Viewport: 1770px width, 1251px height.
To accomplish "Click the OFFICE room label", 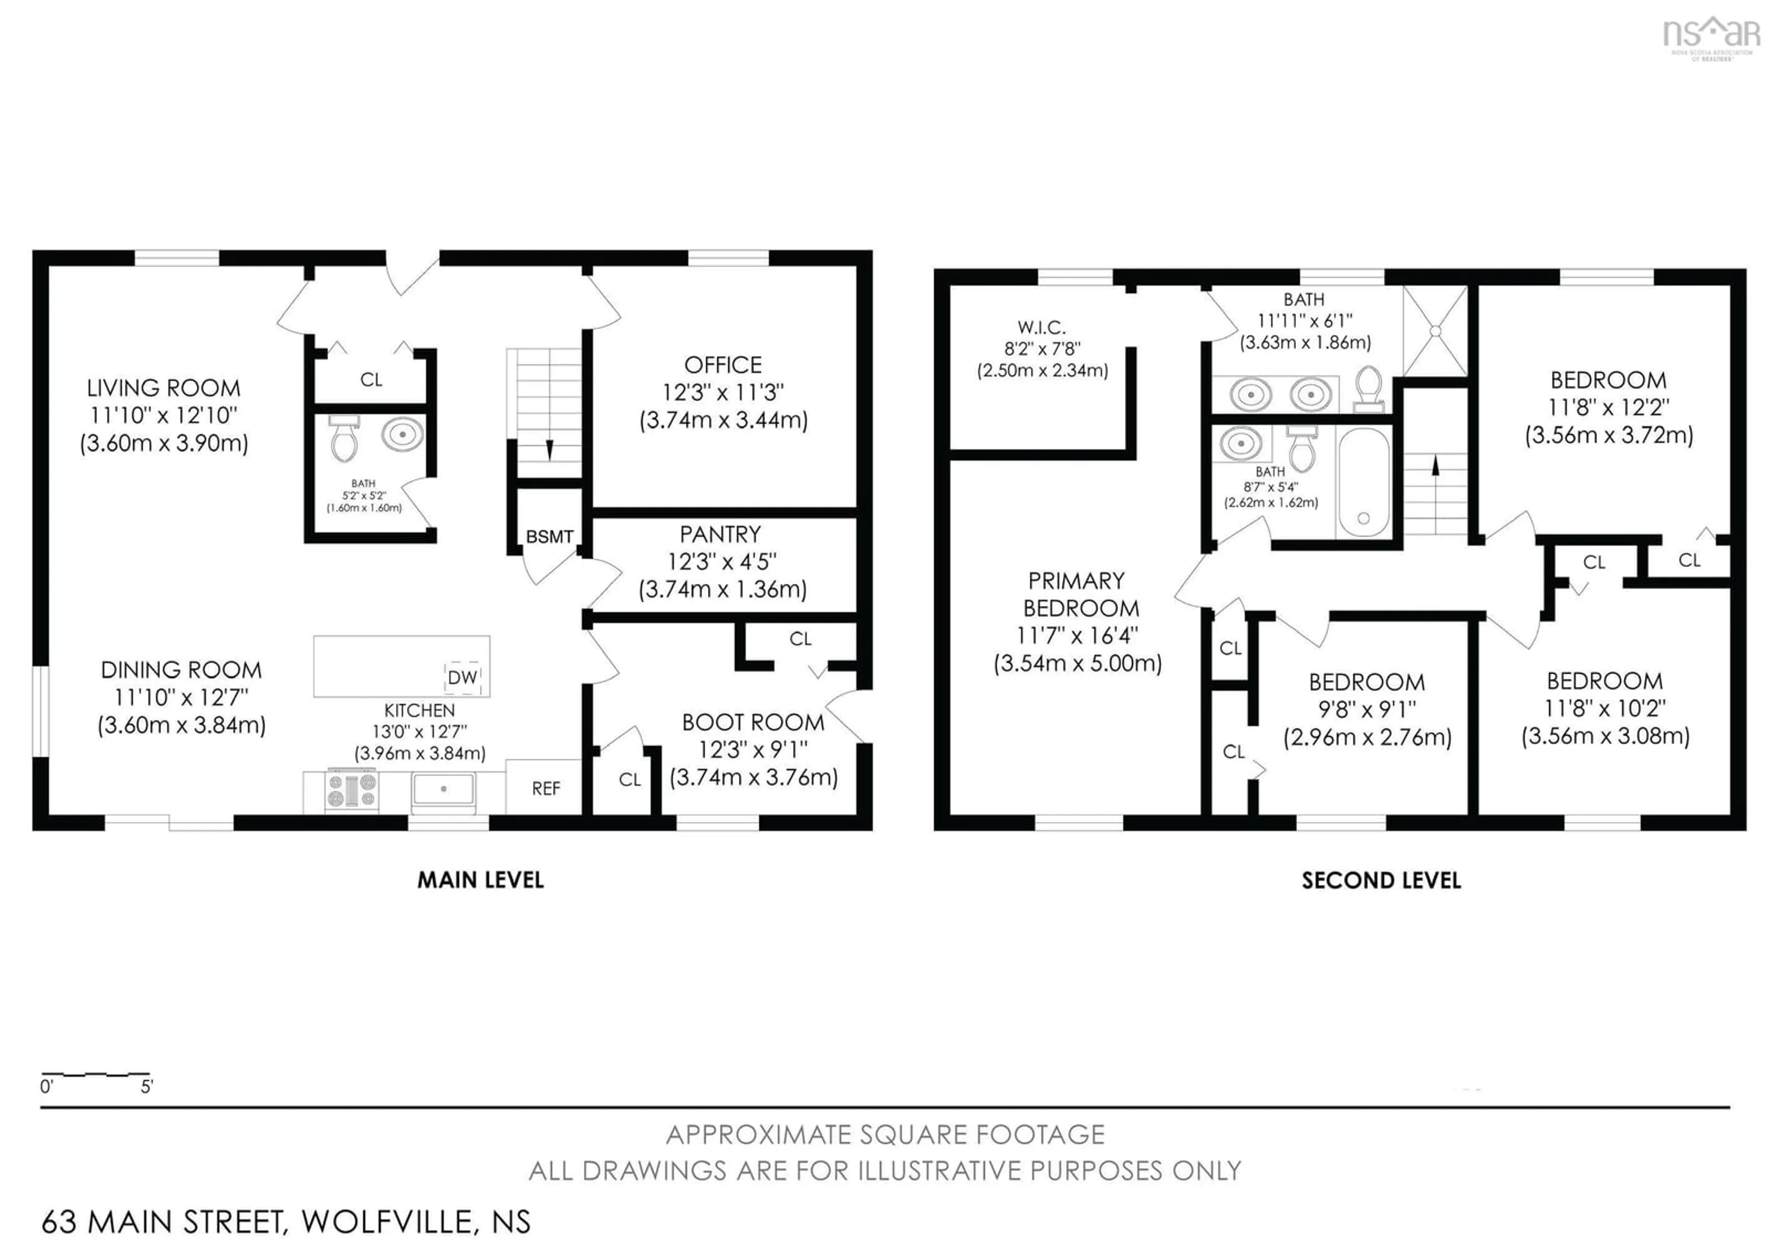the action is (723, 365).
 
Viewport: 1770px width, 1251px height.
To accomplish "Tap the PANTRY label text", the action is (720, 534).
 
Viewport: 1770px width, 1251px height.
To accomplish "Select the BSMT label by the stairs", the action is (549, 537).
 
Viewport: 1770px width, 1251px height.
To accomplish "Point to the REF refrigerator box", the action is (544, 787).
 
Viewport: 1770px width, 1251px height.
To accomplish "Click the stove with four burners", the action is (352, 790).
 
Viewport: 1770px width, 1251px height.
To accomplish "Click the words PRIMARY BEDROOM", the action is (1079, 594).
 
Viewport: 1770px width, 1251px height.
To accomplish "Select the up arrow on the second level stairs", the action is (1435, 467).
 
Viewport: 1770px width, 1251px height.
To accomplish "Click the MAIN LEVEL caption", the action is (480, 880).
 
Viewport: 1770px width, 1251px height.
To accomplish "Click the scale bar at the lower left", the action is (95, 1073).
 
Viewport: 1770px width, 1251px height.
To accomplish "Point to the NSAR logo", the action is (1711, 37).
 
